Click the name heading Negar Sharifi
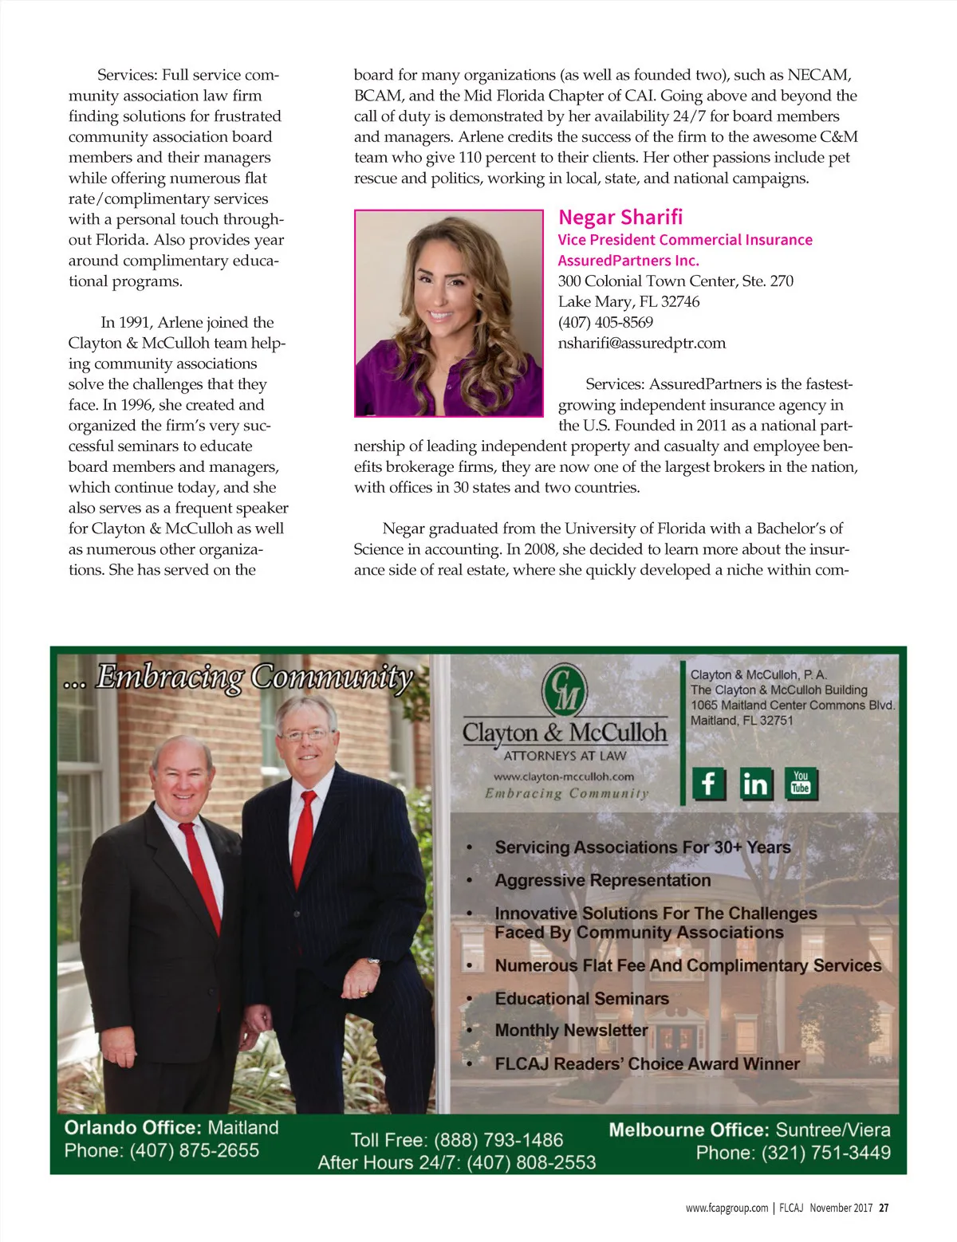pyautogui.click(x=620, y=218)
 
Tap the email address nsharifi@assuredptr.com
pyautogui.click(x=642, y=344)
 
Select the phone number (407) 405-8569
pyautogui.click(x=605, y=323)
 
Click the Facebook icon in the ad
pyautogui.click(x=708, y=784)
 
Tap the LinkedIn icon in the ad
pyautogui.click(x=754, y=784)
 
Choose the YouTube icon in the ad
pyautogui.click(x=800, y=784)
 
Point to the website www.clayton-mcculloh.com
pyautogui.click(x=564, y=776)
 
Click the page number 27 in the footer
pyautogui.click(x=884, y=1208)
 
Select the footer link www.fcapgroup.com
pyautogui.click(x=727, y=1208)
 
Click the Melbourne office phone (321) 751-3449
pyautogui.click(x=825, y=1153)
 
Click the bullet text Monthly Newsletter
pyautogui.click(x=571, y=1031)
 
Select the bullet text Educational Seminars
pyautogui.click(x=581, y=999)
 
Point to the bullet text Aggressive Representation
pyautogui.click(x=602, y=881)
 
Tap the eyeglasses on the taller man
pyautogui.click(x=305, y=734)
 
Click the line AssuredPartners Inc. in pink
pyautogui.click(x=628, y=261)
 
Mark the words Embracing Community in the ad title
pyautogui.click(x=254, y=678)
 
